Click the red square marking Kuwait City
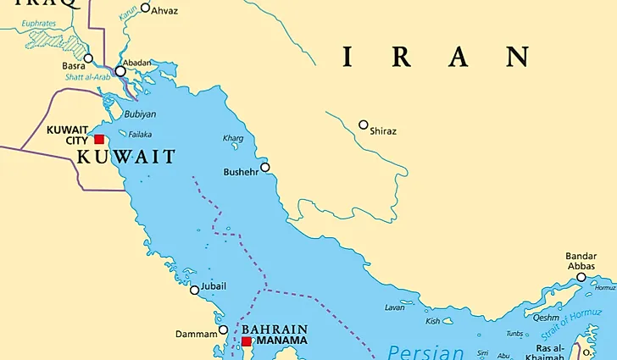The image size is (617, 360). click(x=99, y=139)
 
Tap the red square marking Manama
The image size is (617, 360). click(x=246, y=342)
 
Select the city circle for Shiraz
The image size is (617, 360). click(x=364, y=125)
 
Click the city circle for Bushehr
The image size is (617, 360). click(x=265, y=167)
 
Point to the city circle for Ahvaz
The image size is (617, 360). click(x=145, y=8)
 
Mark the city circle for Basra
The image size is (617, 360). click(x=88, y=58)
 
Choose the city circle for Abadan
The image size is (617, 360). click(x=120, y=71)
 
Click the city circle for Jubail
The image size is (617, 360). click(x=195, y=290)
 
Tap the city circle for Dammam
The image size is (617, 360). click(x=224, y=330)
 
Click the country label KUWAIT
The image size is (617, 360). click(x=126, y=157)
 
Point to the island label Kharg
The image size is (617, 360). click(x=232, y=137)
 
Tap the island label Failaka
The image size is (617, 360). click(x=140, y=134)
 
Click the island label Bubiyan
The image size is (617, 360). click(x=140, y=114)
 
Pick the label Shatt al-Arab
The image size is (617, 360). click(x=88, y=77)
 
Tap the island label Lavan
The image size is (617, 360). click(x=394, y=307)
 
